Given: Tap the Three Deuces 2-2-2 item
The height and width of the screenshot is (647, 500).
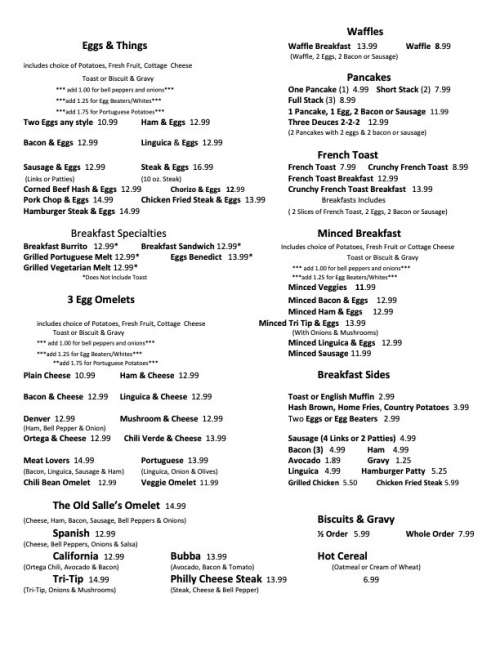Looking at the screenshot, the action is (x=332, y=121).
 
